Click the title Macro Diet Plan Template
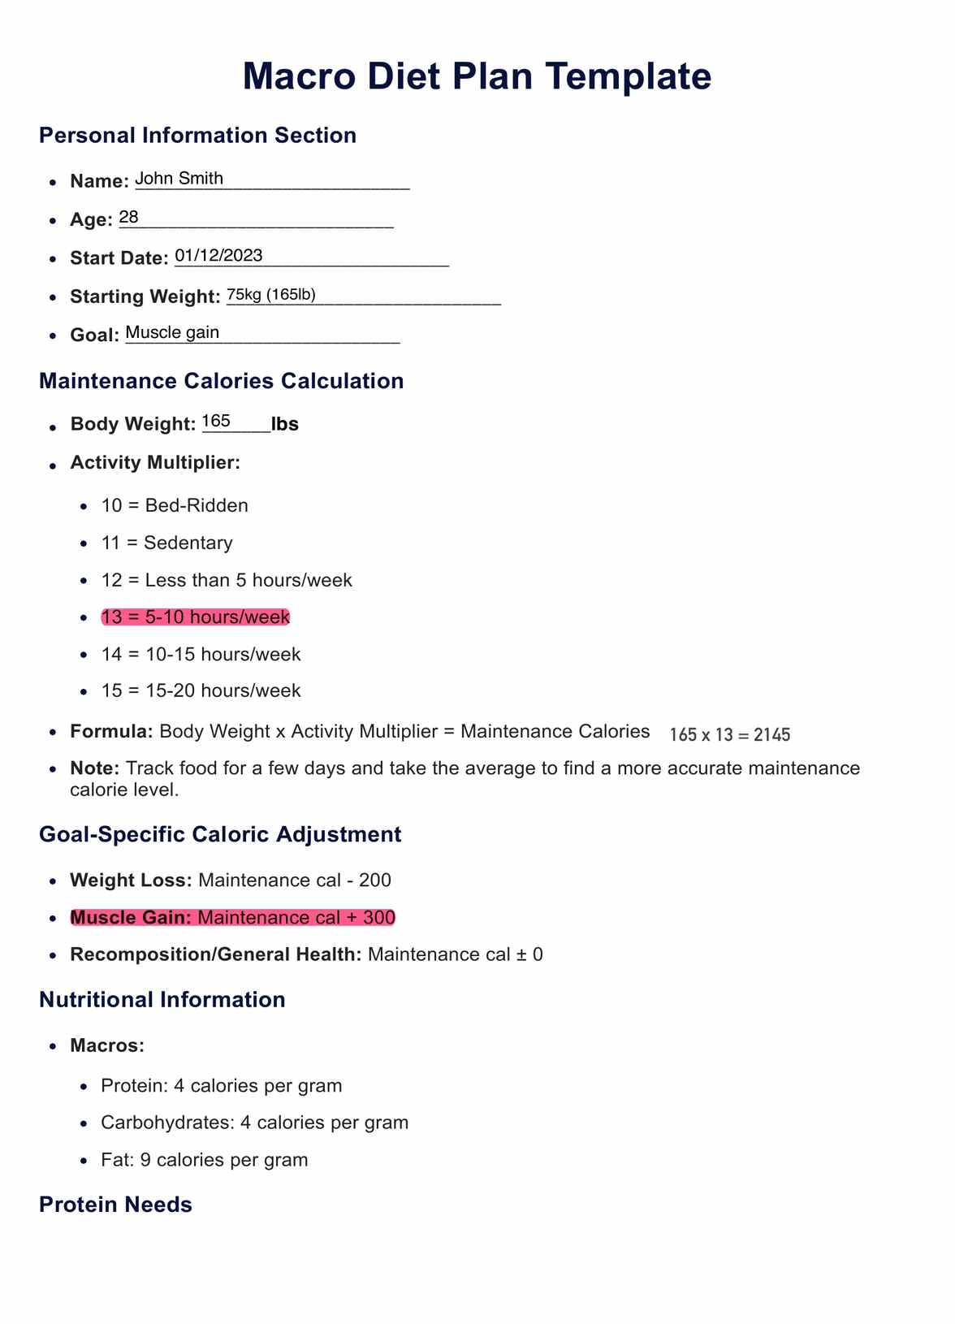[x=477, y=76]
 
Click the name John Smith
[x=179, y=179]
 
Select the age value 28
[x=129, y=218]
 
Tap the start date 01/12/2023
[x=218, y=256]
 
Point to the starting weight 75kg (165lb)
[x=270, y=295]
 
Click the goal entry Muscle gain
[x=172, y=332]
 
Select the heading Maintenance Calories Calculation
[x=221, y=381]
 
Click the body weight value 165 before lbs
[x=216, y=421]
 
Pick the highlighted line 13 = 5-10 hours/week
[x=195, y=617]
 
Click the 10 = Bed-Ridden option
[x=175, y=505]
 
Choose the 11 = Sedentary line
[x=166, y=543]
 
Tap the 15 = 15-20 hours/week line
[x=201, y=690]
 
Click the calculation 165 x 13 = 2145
[x=729, y=735]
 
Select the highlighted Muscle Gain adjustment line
[x=232, y=918]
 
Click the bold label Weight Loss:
[x=131, y=881]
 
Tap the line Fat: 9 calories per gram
[x=204, y=1160]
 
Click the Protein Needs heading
[x=115, y=1205]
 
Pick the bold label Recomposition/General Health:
[x=215, y=954]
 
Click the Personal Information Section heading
[x=197, y=135]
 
